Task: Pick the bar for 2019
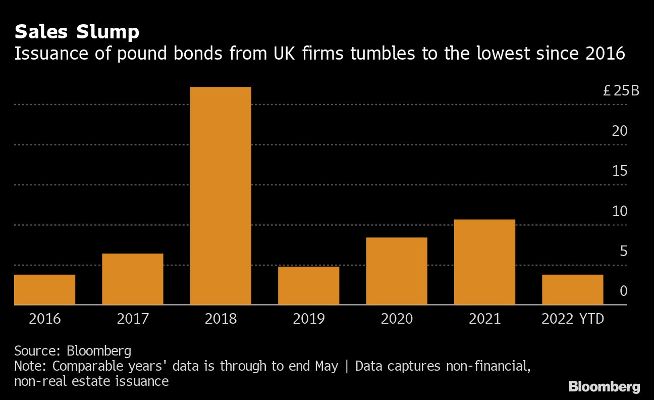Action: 308,285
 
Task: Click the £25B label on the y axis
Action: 621,91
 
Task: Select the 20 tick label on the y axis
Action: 620,131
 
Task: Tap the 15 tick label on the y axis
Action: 620,171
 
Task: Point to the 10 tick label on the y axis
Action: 620,211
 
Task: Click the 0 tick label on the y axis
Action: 624,291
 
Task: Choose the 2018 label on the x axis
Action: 221,319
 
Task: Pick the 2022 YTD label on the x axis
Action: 572,319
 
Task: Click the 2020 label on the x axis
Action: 397,319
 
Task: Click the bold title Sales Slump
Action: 77,32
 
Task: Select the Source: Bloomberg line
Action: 73,351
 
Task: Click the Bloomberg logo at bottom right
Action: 604,387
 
